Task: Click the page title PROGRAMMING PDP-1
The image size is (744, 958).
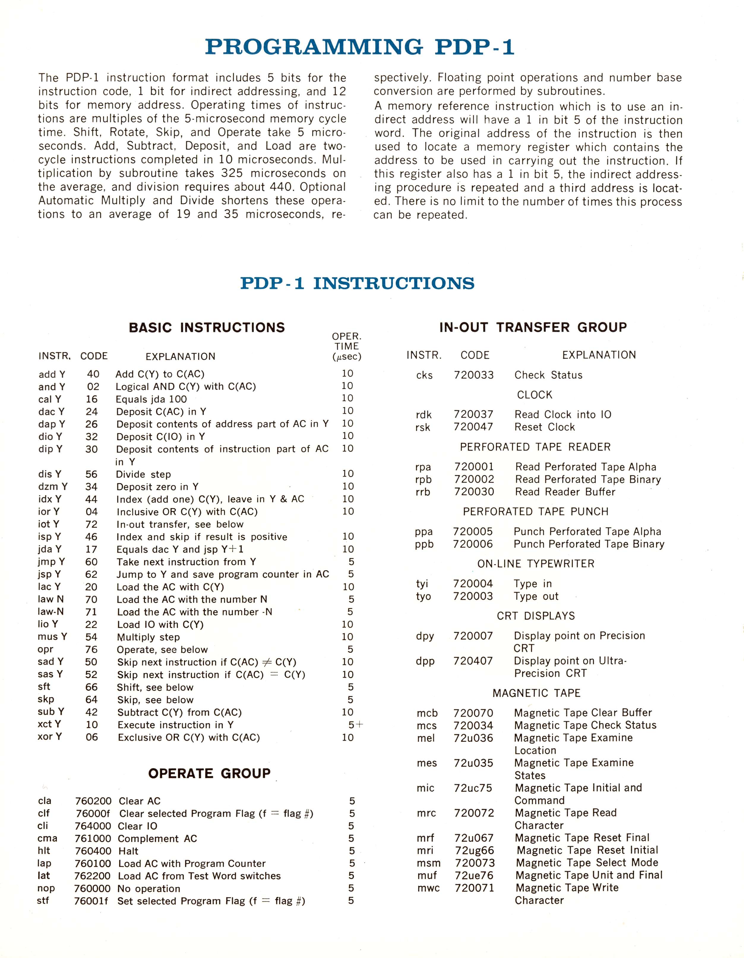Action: [359, 47]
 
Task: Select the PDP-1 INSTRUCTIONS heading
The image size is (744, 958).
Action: [357, 283]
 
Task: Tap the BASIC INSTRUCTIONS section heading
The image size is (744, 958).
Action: [206, 328]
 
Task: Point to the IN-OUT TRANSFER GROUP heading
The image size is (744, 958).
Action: [533, 327]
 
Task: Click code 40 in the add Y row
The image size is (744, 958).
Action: [93, 374]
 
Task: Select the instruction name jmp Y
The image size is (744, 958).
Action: [51, 561]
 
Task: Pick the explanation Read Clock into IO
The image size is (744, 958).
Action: [563, 415]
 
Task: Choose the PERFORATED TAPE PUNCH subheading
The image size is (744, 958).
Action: [535, 512]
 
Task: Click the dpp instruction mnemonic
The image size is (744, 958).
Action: [425, 661]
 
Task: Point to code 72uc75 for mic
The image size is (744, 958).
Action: [473, 788]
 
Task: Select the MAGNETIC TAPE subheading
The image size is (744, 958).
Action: [536, 693]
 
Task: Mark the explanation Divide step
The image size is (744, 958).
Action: [143, 474]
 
